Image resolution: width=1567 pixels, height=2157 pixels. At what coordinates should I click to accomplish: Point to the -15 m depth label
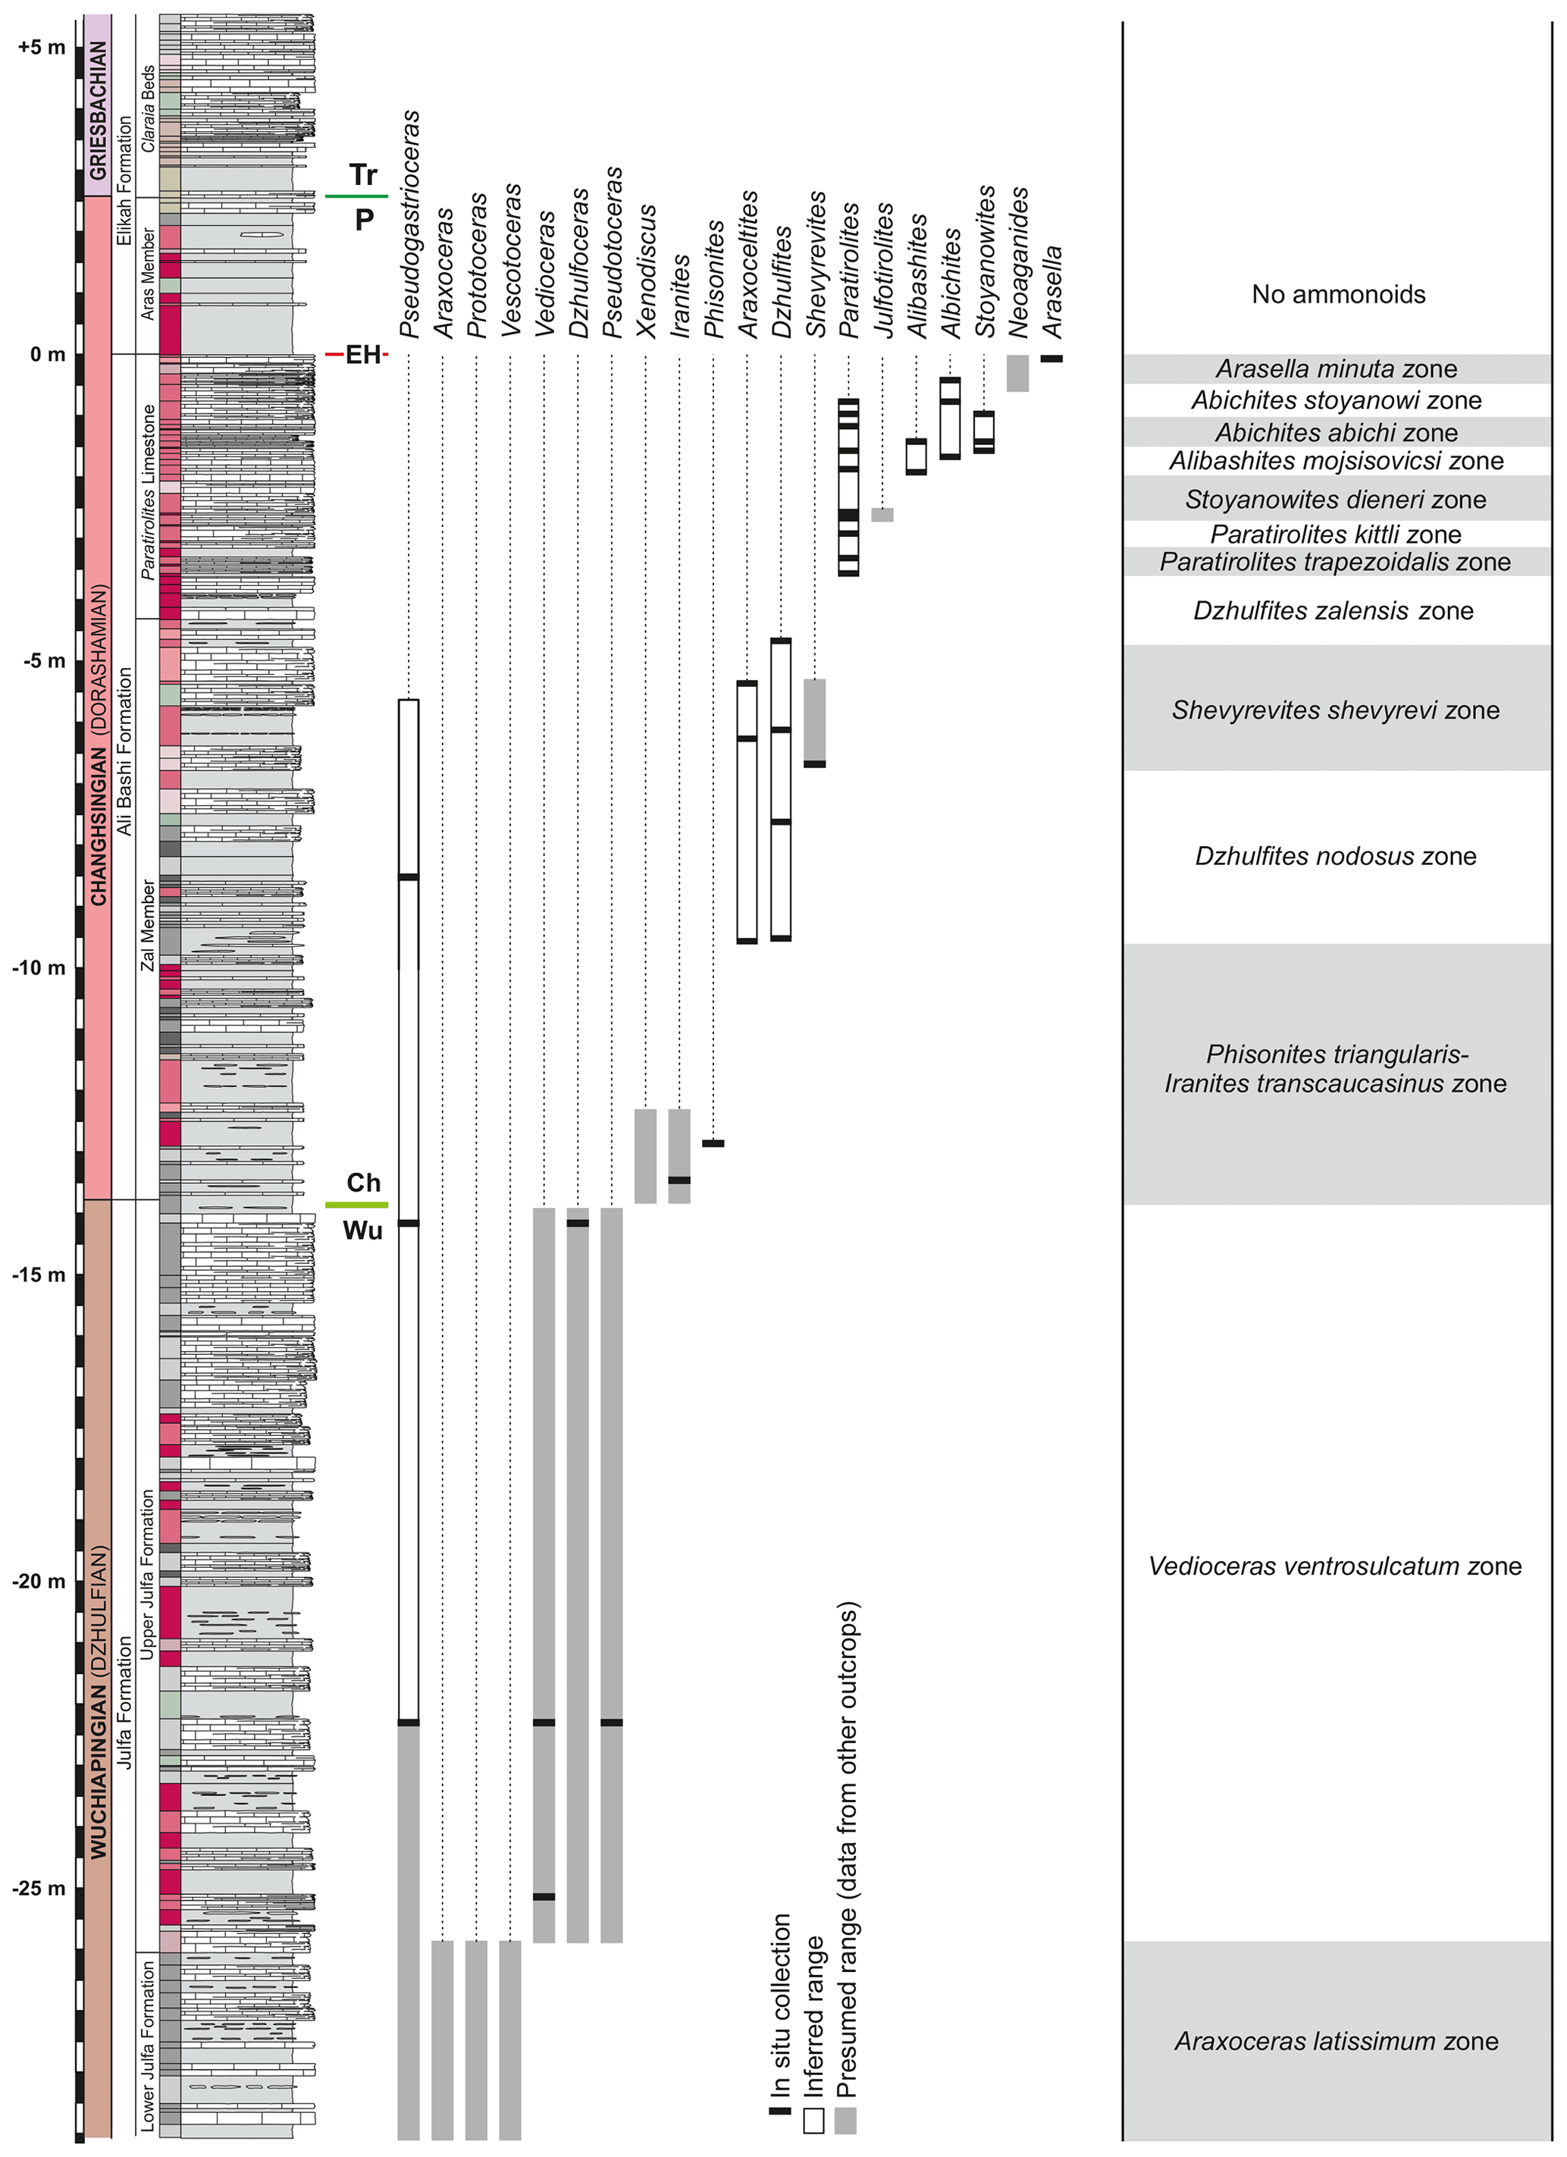pos(39,1274)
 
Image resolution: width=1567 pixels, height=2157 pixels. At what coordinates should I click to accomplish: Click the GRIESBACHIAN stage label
pos(97,109)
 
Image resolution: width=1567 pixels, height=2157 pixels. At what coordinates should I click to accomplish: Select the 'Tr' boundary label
pos(363,175)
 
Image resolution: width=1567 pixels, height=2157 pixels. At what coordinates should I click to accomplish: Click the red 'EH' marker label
pos(362,355)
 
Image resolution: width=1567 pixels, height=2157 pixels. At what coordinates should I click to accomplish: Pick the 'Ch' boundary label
pos(363,1182)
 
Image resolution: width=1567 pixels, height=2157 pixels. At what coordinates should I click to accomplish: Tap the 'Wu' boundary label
pos(362,1231)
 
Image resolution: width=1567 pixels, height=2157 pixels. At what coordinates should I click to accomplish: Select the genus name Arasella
pos(1052,291)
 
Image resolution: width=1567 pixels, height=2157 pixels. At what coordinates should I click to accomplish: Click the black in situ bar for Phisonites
pos(713,1143)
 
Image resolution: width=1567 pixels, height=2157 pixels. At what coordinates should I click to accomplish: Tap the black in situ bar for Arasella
pos(1051,359)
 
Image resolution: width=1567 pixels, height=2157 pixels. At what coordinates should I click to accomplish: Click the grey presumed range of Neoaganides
pos(1017,373)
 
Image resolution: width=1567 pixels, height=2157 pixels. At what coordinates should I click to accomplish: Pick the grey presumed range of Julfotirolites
pos(882,515)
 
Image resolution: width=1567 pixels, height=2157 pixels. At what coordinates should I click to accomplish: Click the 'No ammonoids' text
pos(1338,295)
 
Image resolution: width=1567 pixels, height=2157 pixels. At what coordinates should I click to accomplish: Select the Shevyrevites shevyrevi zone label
pos(1335,710)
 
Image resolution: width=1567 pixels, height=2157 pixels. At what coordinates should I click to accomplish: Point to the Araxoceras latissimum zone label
pos(1336,2041)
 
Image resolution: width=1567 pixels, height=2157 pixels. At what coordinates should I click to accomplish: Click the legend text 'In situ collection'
pos(782,2005)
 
